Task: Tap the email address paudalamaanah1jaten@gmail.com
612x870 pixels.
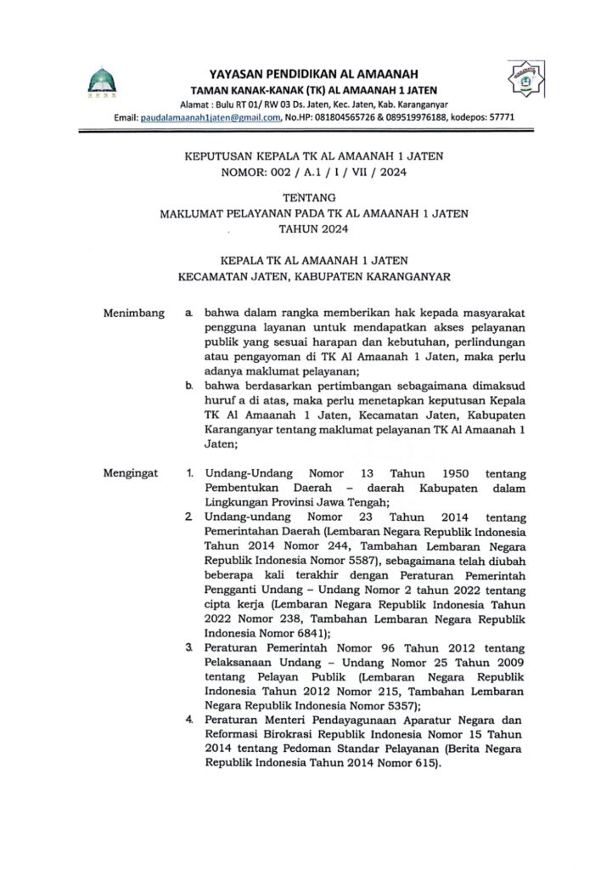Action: click(x=210, y=117)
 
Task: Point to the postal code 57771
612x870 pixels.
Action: click(x=497, y=117)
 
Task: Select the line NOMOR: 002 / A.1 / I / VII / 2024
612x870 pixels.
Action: click(x=306, y=173)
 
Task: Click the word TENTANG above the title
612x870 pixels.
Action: click(x=306, y=199)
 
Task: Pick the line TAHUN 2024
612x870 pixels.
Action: click(x=306, y=229)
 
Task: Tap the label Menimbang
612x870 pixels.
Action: click(x=132, y=314)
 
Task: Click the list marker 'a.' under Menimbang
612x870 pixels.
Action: click(x=188, y=314)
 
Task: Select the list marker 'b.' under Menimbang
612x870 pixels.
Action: click(x=188, y=385)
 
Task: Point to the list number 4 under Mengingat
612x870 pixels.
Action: click(x=188, y=720)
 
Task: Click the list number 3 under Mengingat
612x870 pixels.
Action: click(x=188, y=648)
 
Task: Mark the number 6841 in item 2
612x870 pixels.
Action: click(x=311, y=633)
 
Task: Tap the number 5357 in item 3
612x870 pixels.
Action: click(x=397, y=704)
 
